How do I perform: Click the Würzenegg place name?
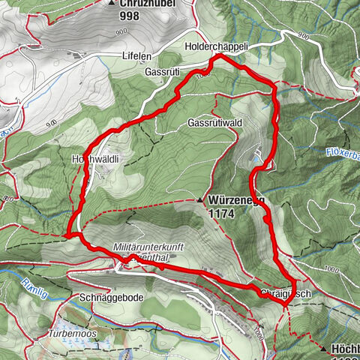pos(236,201)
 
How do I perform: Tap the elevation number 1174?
pos(223,213)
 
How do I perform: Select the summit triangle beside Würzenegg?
pos(200,201)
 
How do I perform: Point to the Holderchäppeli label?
pos(215,47)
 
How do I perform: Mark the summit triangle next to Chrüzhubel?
pos(112,4)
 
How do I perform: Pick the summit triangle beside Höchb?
pos(322,349)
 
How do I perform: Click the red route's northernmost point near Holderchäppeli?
pos(219,56)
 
